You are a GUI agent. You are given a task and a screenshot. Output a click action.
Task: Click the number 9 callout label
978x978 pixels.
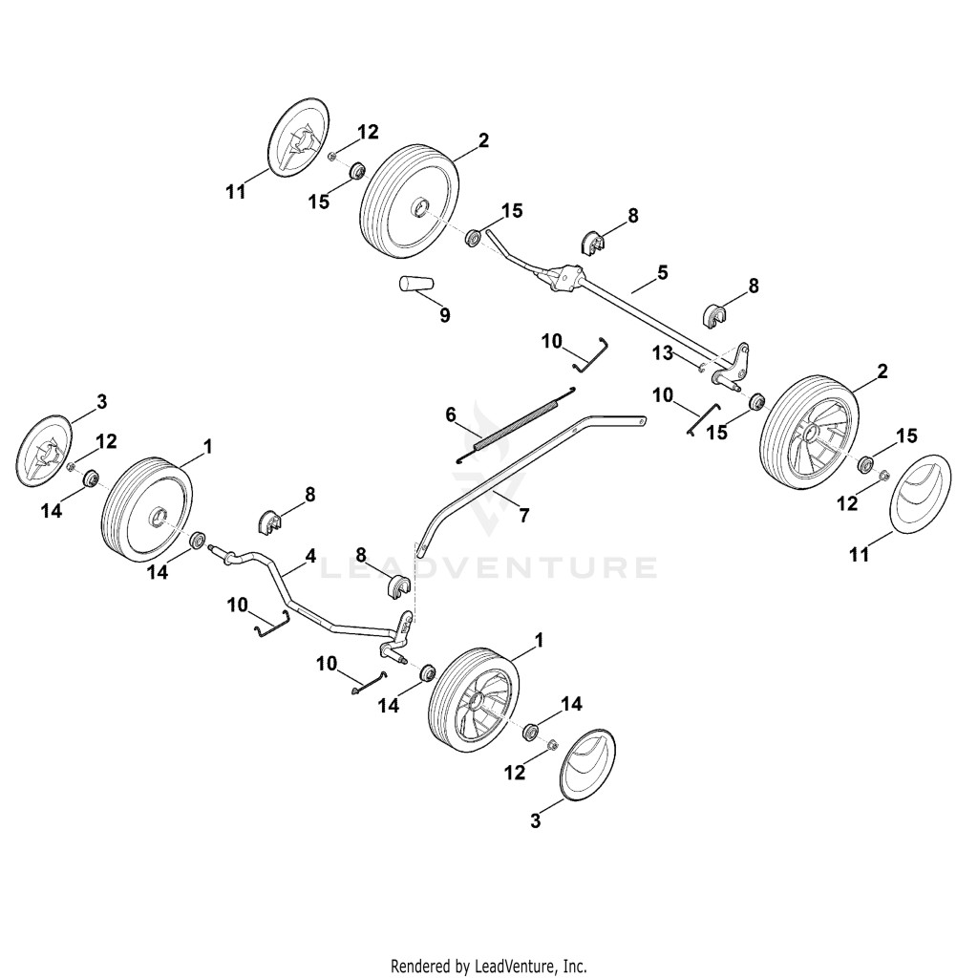pos(444,315)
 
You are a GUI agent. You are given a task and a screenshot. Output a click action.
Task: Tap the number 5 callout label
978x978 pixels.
pos(663,272)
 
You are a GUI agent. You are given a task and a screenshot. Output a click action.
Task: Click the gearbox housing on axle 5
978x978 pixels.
pos(565,277)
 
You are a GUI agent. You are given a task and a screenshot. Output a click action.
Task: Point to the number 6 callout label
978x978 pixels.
pos(451,415)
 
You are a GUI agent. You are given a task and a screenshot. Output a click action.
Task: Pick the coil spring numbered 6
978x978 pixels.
pos(517,425)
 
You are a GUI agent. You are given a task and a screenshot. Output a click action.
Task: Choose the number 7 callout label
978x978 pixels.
pos(524,516)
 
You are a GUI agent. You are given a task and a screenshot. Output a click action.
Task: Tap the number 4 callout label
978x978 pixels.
pos(310,556)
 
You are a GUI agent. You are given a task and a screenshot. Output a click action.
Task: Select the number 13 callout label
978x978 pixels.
pos(663,353)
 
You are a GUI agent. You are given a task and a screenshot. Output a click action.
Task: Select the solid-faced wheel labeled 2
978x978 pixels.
pos(411,201)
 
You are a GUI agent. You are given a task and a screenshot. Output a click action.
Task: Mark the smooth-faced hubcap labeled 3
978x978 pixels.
pos(588,762)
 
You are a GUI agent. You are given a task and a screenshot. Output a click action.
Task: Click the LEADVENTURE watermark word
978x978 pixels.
pos(488,567)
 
